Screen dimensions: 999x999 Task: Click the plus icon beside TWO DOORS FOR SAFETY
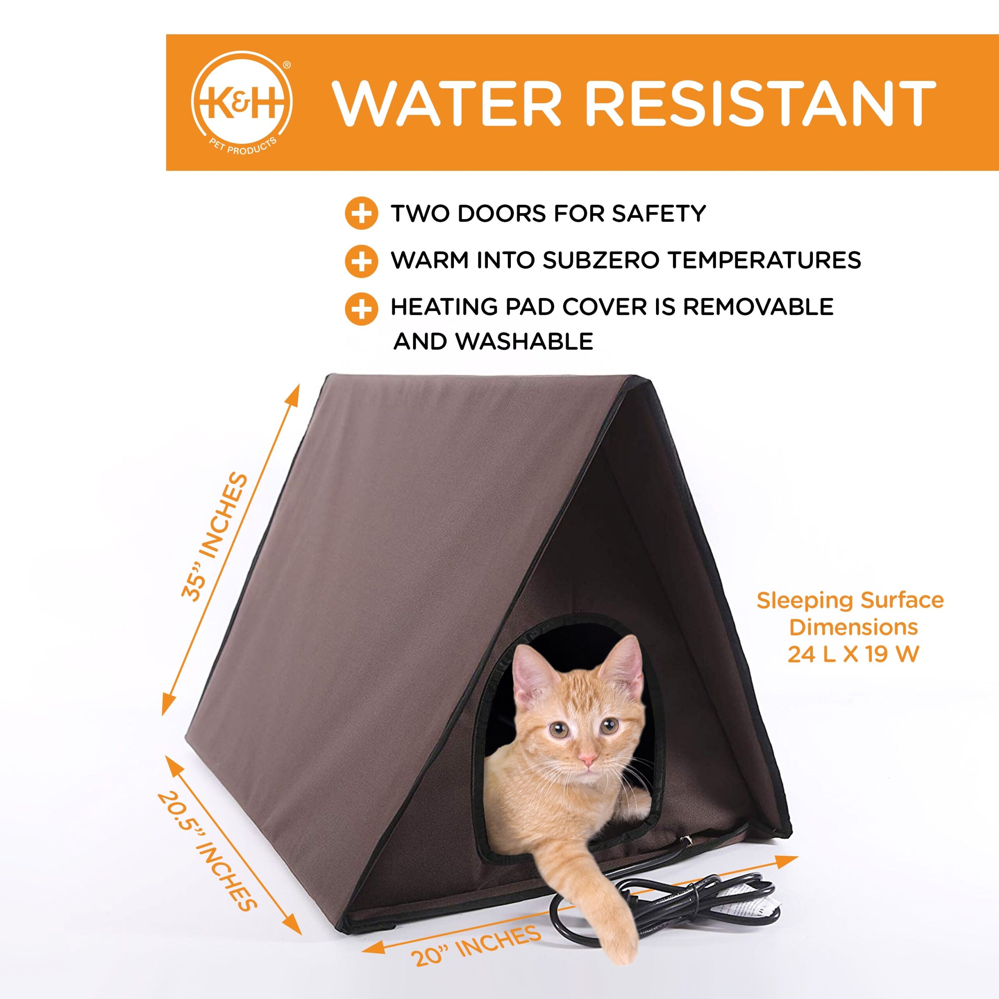coord(361,213)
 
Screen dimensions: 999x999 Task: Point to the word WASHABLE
coord(524,341)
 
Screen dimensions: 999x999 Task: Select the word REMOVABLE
coord(758,307)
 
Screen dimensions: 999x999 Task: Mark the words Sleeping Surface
coord(850,600)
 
